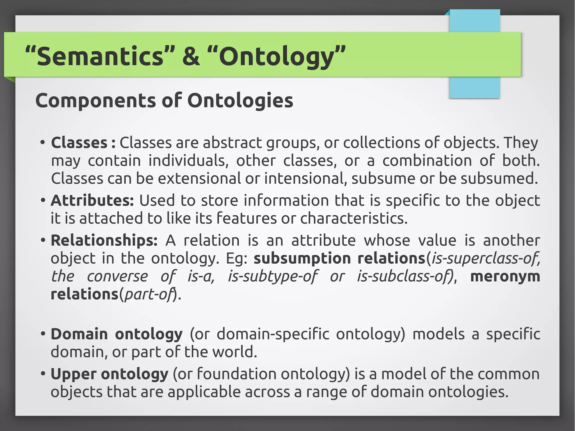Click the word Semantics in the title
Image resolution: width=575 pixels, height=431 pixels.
point(100,56)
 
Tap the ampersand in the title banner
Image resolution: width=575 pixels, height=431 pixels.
point(191,56)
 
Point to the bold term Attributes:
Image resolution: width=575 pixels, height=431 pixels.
point(92,200)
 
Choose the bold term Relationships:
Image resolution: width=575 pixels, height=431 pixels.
point(104,241)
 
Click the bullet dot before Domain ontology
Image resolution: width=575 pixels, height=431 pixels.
point(43,334)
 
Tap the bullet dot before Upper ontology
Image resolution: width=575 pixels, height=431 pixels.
point(43,374)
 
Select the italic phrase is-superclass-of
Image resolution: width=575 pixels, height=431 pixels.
point(485,258)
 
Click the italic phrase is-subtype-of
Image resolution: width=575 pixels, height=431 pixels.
point(273,277)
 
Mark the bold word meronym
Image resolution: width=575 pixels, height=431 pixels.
point(505,276)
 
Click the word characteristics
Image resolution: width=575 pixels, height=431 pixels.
point(353,218)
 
